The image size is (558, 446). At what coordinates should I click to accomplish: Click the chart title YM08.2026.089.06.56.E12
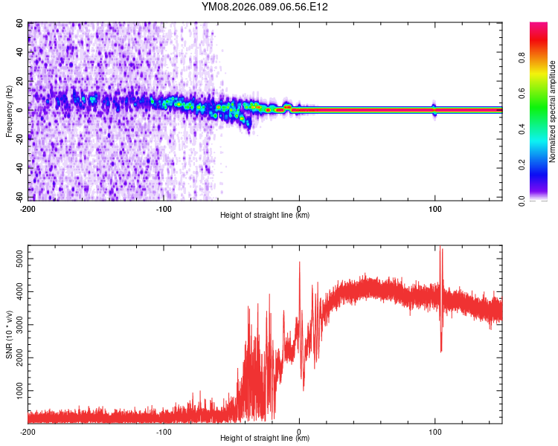coord(265,7)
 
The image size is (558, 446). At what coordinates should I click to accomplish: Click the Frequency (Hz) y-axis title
coord(9,111)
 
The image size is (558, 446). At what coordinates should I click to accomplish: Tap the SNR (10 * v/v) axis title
coord(9,334)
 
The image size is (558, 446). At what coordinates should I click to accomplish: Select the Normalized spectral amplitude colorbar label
coord(553,111)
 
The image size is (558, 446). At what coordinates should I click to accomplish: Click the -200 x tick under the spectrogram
coord(28,208)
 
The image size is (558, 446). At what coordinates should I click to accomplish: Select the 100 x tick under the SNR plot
coord(435,431)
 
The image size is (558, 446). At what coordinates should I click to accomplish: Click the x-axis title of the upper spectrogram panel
coord(265,216)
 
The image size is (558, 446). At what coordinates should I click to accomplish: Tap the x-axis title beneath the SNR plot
coord(265,439)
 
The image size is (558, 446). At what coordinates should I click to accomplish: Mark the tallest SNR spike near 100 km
coord(441,250)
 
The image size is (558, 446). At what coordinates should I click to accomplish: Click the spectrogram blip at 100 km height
coord(434,109)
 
